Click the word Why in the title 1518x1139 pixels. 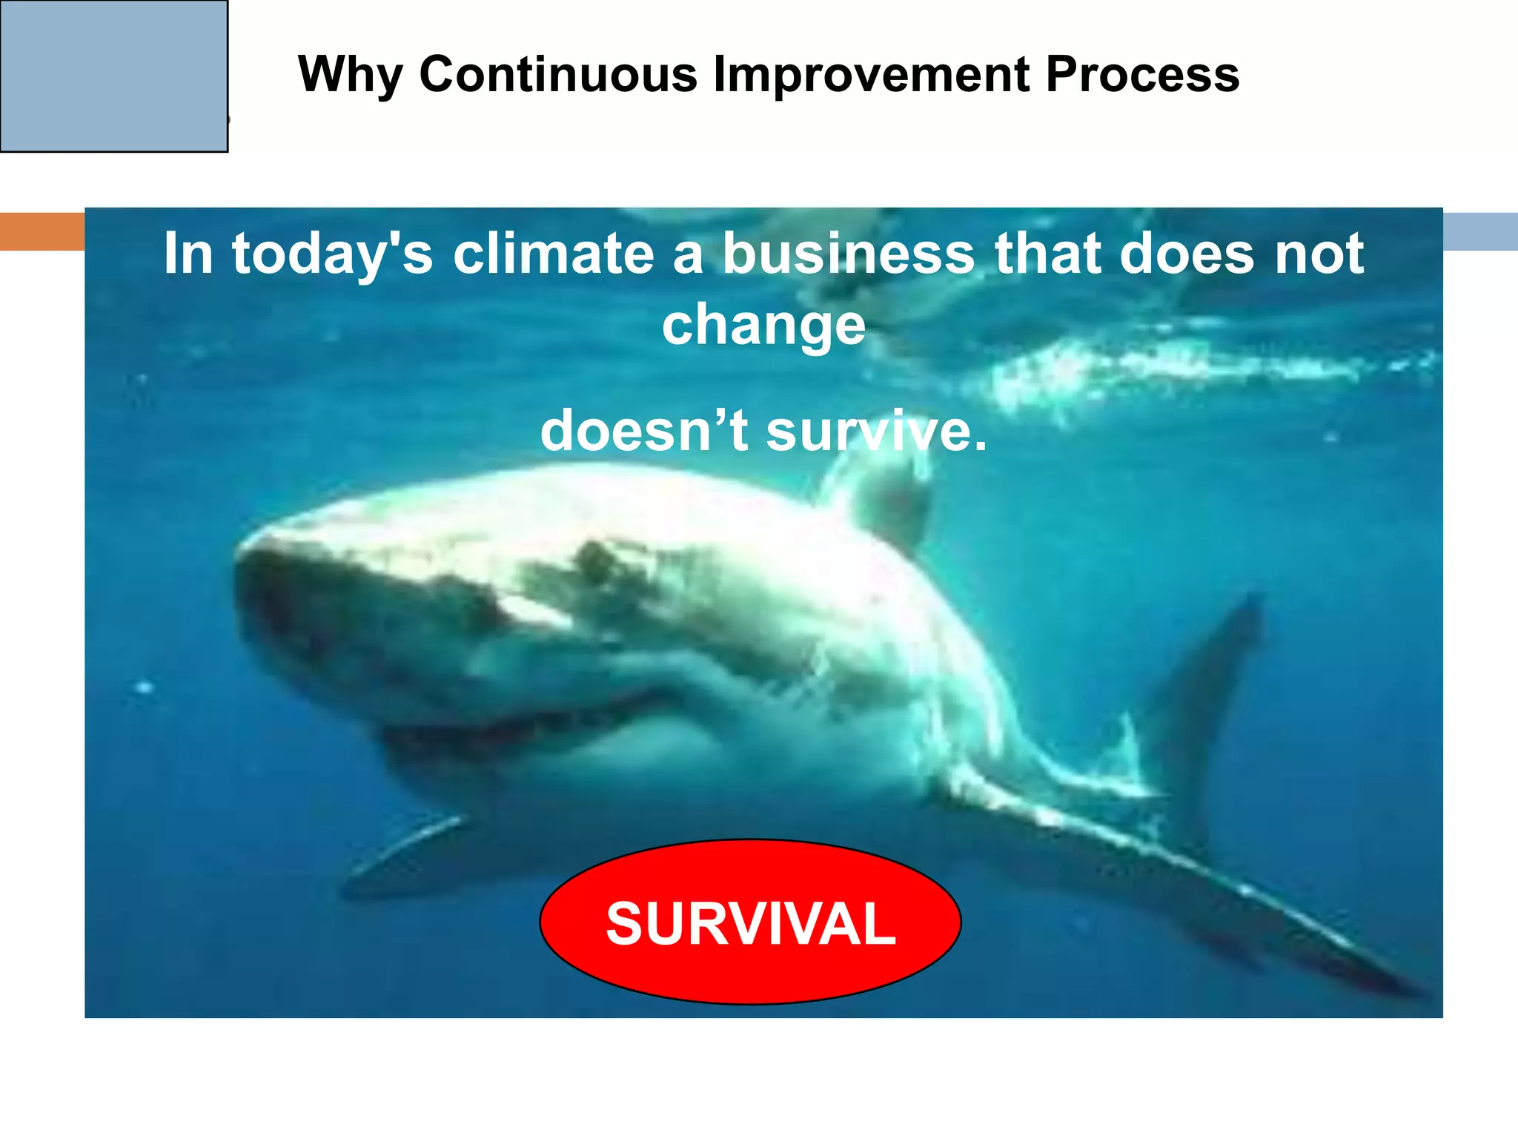[350, 75]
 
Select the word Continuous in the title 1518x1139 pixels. [558, 75]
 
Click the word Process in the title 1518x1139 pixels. [1142, 75]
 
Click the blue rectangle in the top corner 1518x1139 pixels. [113, 76]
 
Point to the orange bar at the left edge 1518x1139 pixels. [42, 231]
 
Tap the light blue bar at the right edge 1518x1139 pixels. [1480, 231]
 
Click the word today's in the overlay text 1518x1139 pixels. [332, 254]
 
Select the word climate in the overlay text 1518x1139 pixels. [553, 254]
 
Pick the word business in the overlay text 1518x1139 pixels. [849, 254]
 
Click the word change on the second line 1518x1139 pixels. [763, 325]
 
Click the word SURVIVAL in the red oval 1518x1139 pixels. [750, 923]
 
